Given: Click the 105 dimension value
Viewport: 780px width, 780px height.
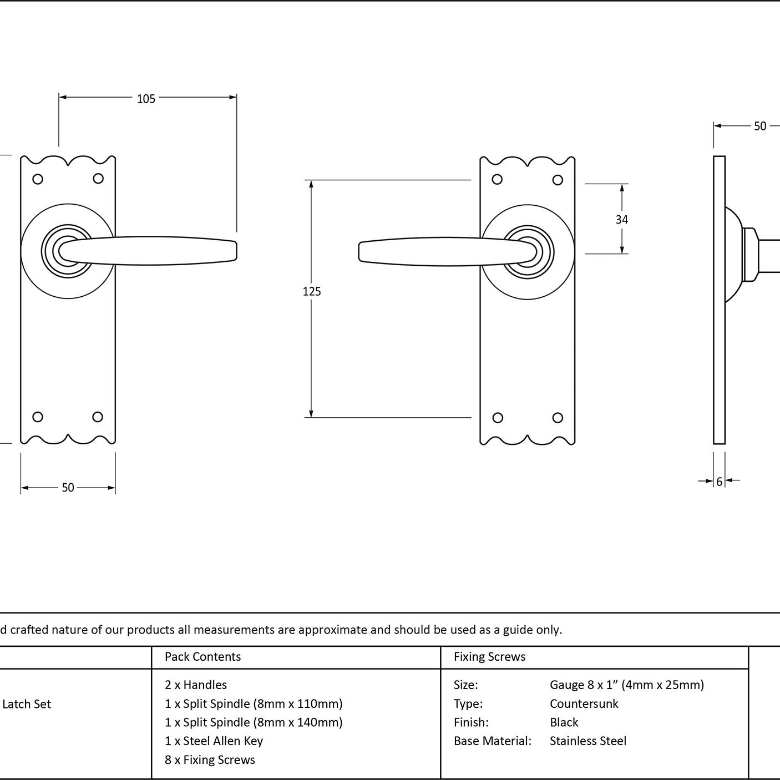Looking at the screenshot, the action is (x=146, y=99).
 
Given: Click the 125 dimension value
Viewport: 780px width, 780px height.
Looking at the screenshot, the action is (x=312, y=291).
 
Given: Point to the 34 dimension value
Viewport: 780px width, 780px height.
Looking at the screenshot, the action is (x=622, y=219).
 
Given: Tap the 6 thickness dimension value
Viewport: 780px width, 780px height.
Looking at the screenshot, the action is (x=720, y=482).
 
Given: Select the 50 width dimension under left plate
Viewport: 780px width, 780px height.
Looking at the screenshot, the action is (x=68, y=487).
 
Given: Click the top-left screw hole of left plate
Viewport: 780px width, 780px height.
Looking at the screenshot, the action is (x=38, y=179).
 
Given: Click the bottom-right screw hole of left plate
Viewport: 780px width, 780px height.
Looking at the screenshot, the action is (x=98, y=417).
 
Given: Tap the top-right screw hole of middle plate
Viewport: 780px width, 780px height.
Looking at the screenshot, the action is (x=558, y=180).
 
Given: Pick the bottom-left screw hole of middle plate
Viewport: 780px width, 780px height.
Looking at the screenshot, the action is (x=498, y=418).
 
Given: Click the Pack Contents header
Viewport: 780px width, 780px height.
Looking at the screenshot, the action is (x=202, y=656).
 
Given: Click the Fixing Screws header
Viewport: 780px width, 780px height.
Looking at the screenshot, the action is (x=489, y=656).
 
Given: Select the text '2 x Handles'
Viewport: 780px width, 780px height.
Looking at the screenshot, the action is (x=195, y=685).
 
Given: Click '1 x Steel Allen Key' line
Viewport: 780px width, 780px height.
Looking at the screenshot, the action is (x=214, y=741).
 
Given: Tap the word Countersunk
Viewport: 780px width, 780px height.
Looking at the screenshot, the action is (x=584, y=704).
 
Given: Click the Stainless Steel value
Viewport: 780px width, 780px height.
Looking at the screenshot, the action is (x=587, y=741).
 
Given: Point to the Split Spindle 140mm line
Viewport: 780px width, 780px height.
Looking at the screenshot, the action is (x=254, y=722).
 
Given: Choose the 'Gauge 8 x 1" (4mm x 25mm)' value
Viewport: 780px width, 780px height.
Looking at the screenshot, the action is (x=626, y=685).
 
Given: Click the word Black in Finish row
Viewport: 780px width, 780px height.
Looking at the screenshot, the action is (x=564, y=722).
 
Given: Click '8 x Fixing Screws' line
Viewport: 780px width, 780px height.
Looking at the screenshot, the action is (x=210, y=760).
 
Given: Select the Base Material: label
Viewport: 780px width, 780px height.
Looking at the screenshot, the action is (x=492, y=741).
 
